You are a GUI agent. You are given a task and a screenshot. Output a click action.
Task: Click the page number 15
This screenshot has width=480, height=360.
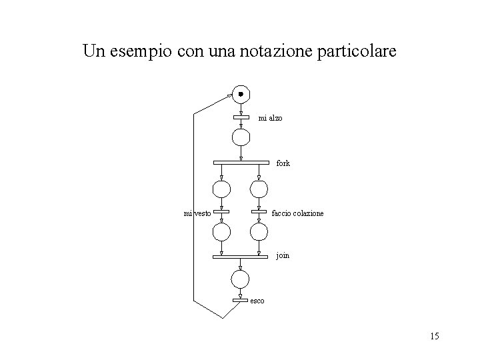pos(434,335)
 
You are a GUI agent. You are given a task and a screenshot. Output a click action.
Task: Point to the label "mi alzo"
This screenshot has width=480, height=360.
pos(270,118)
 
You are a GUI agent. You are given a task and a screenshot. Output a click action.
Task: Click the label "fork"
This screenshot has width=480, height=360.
pos(283,163)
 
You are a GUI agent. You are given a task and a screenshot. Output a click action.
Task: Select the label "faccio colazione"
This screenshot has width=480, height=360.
pos(298,213)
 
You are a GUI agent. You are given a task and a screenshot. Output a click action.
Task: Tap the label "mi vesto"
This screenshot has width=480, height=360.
pos(197,213)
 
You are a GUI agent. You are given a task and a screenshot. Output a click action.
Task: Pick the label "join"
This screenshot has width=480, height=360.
pos(283,255)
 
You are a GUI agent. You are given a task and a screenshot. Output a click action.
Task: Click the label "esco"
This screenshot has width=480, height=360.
pos(257,301)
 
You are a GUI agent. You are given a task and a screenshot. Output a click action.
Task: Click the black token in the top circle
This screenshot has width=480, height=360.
pos(240,93)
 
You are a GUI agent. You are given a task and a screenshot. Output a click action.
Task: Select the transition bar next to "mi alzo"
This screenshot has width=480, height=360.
pos(240,117)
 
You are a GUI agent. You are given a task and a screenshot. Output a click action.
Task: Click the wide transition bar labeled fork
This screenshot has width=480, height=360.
pos(240,162)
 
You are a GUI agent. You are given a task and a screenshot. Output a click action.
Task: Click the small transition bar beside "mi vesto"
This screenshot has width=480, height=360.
pos(221,213)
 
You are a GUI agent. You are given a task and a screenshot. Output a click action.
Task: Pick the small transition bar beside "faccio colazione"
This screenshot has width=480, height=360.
pos(259,213)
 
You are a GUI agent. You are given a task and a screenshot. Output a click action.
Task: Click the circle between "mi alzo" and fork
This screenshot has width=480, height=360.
pos(240,137)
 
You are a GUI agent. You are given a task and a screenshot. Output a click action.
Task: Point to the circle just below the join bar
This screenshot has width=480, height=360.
pos(240,279)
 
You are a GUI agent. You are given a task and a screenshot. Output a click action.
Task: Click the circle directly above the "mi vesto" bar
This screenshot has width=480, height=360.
pos(221,188)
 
